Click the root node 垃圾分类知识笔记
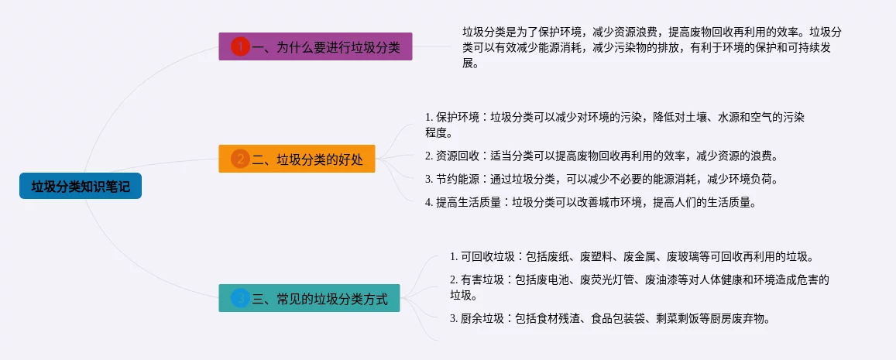coord(80,186)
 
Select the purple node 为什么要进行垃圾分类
coord(315,46)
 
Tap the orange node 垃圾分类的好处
coord(297,158)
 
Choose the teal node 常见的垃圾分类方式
coord(309,298)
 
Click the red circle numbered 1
coord(241,47)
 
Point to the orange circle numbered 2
coord(241,159)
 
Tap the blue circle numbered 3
coord(241,298)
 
